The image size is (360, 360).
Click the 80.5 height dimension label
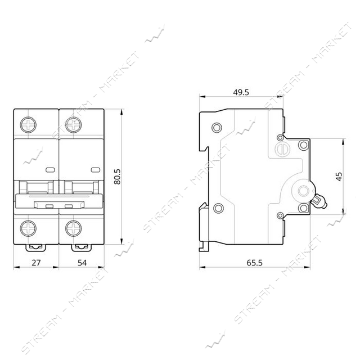(x=117, y=177)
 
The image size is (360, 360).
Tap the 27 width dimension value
(x=36, y=263)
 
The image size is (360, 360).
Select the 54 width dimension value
(x=82, y=263)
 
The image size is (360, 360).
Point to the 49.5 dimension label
(x=241, y=92)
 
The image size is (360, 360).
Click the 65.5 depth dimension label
(x=254, y=263)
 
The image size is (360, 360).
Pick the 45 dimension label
(x=339, y=176)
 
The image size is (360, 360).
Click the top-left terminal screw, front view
(x=28, y=125)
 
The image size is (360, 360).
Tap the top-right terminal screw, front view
(x=74, y=125)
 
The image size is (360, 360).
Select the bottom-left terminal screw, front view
(x=28, y=228)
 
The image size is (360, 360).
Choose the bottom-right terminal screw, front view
(x=74, y=228)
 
